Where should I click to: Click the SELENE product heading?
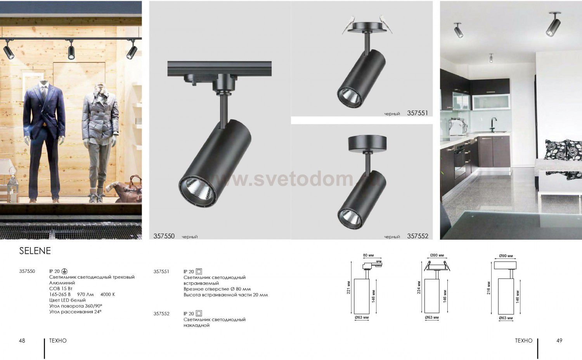35,251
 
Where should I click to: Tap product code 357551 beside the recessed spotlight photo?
417,113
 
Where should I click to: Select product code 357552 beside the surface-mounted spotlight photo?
417,236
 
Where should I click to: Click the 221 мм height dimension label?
349,287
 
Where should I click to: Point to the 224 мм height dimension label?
419,287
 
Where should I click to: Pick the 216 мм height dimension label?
489,287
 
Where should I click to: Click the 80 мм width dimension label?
369,255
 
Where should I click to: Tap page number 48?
22,341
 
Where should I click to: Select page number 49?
559,341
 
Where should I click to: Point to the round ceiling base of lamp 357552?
367,144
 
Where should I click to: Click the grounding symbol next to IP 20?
64,272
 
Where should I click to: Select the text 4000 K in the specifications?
107,294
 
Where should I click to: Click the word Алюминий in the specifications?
62,283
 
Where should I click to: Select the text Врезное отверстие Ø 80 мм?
217,289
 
